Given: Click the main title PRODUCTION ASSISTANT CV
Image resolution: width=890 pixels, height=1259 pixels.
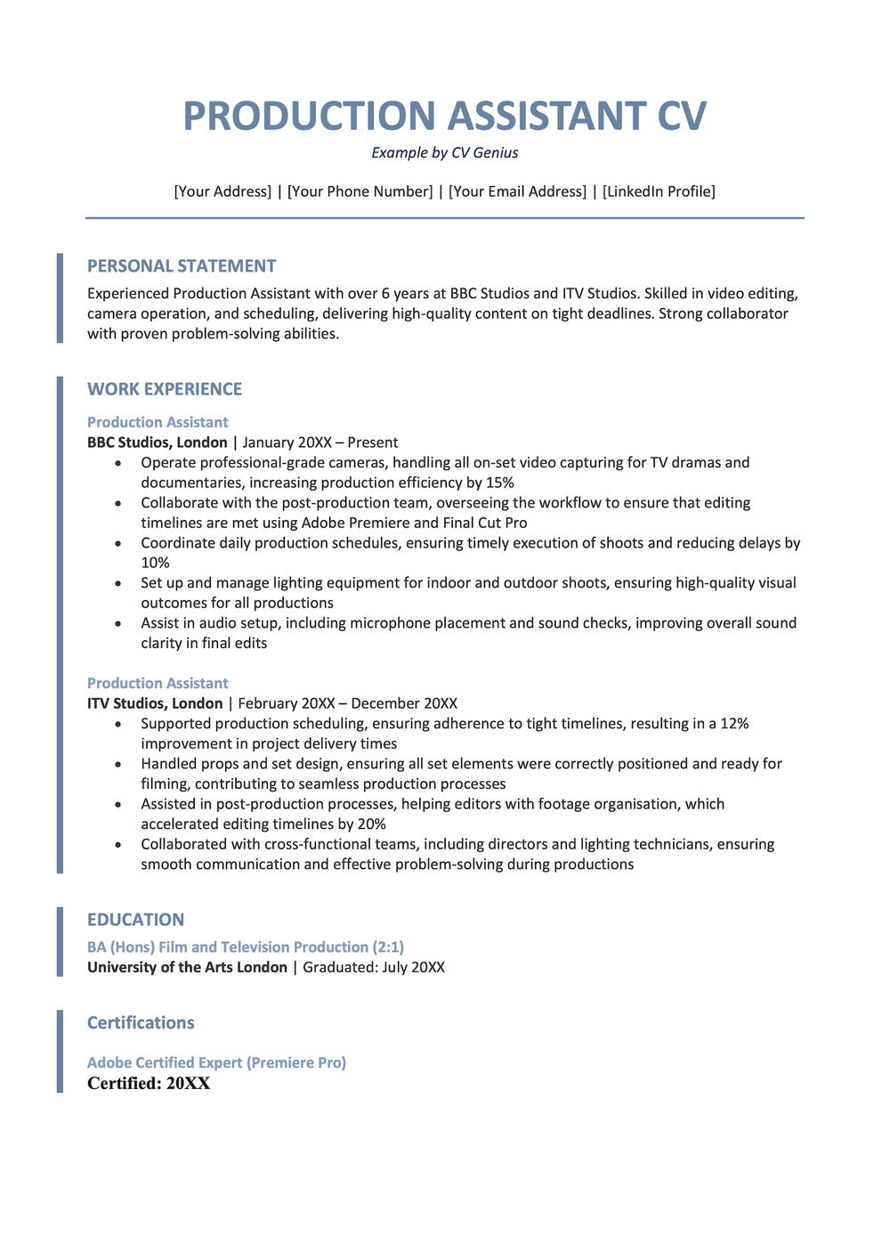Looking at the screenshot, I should pos(445,117).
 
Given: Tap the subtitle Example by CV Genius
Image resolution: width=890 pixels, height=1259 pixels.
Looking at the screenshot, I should pos(445,153).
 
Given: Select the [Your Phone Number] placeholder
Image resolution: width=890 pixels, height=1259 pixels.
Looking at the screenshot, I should pos(360,191).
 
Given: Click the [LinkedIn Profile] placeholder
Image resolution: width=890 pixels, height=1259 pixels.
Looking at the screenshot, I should pos(659,191).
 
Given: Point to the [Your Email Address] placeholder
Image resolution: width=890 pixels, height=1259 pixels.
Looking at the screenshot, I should pos(517,191).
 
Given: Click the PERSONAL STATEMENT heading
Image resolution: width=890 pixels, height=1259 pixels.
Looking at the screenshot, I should pos(182,266).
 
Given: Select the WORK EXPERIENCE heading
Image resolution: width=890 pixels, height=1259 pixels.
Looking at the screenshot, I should pos(165,389).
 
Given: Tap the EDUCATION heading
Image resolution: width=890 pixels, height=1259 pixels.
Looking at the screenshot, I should pos(135,920).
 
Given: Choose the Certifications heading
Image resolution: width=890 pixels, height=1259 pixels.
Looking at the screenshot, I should pos(141,1023).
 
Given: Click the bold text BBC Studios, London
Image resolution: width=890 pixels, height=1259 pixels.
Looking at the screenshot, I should pos(158,443).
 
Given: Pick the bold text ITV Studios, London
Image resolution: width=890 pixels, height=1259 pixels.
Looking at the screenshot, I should pos(155,703).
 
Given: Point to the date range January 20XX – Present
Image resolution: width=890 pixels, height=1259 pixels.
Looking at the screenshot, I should pos(320,443).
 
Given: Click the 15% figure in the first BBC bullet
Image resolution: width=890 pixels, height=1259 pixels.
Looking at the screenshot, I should pos(499,483).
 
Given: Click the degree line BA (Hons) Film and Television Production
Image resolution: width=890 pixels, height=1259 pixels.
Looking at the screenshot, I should pos(246,947).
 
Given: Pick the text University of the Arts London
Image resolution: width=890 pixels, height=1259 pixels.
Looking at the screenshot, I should pos(187,967).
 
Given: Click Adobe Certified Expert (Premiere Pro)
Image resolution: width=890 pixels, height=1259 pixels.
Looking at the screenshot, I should pos(216,1062).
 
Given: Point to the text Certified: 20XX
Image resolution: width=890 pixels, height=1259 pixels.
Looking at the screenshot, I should pos(149,1084).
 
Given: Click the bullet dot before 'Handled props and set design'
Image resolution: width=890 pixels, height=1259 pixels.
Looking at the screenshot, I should pos(120,764).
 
